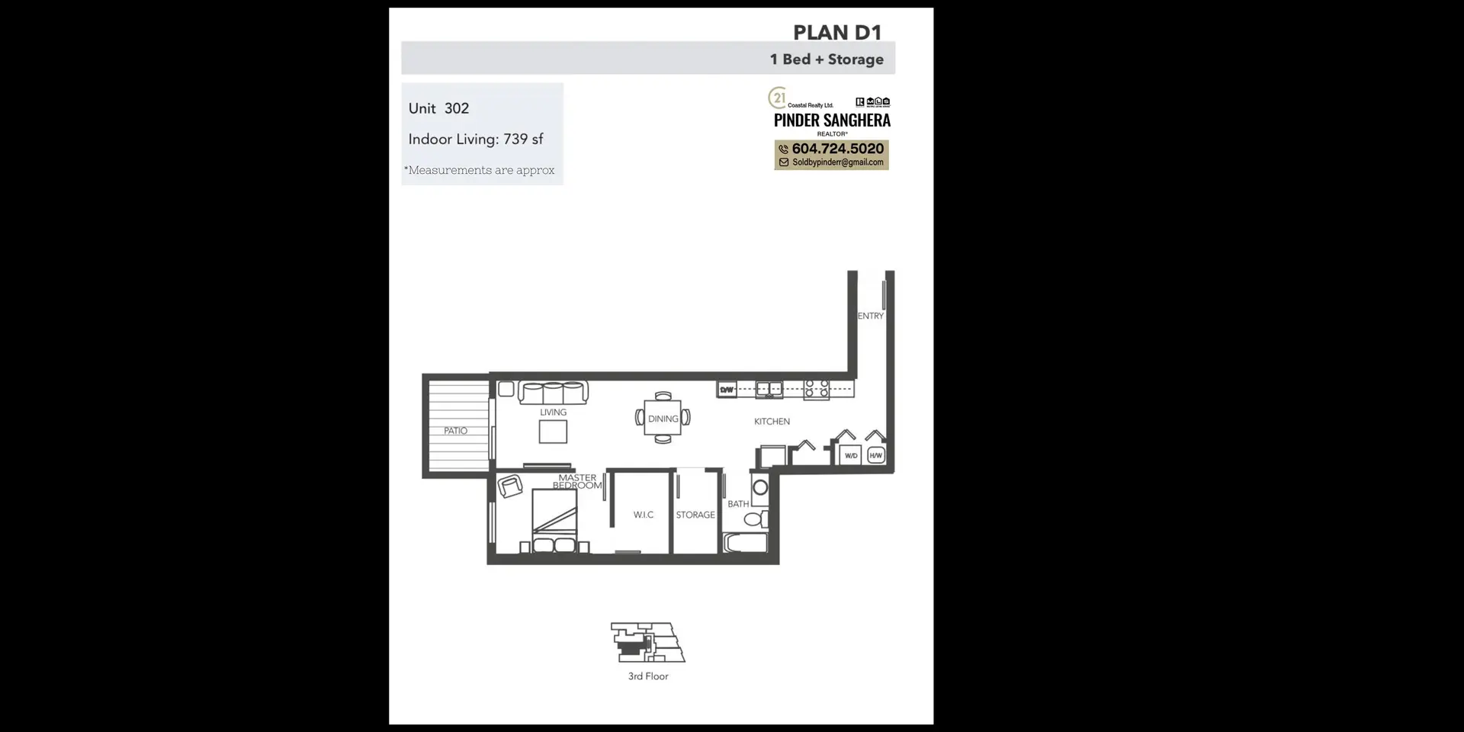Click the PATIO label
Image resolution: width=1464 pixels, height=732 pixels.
tap(455, 431)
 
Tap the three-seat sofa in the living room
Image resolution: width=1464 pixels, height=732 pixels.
tap(553, 393)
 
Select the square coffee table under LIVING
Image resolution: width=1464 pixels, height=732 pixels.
tap(553, 432)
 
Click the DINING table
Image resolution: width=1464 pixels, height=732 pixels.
tap(663, 419)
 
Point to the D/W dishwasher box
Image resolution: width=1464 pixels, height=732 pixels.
tap(727, 390)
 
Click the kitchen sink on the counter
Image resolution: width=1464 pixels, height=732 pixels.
tap(769, 390)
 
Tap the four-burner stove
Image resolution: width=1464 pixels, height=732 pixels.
tap(817, 389)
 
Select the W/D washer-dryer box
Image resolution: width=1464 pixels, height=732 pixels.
tap(851, 455)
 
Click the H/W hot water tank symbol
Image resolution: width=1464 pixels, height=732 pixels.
tap(875, 455)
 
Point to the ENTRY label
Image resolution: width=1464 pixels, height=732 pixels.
tap(870, 316)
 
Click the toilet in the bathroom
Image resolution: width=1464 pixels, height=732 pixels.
tap(755, 520)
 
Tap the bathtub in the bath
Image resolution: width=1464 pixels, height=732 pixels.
tap(745, 543)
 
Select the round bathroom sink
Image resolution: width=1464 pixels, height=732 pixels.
tap(760, 488)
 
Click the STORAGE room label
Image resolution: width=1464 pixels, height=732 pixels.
tap(695, 515)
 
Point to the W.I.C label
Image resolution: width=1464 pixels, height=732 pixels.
tap(643, 515)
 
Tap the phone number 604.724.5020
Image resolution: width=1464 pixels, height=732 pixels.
tap(837, 149)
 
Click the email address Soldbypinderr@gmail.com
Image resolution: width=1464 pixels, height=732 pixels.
tap(837, 162)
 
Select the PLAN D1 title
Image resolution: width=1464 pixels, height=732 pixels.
tap(836, 33)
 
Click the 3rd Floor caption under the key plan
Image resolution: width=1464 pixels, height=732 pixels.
tap(648, 676)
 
